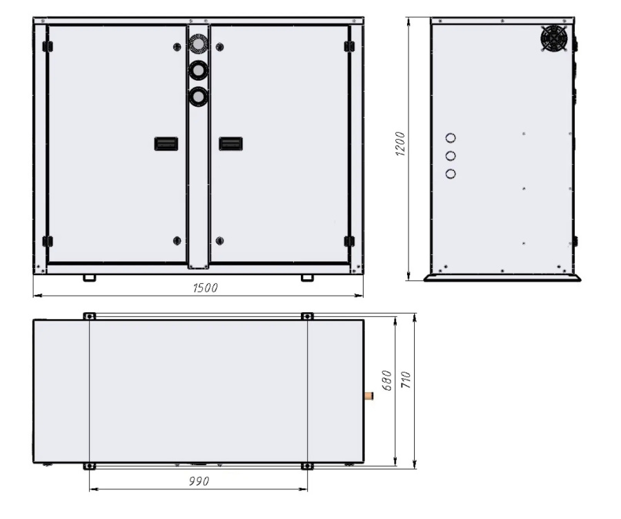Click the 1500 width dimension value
(x=204, y=288)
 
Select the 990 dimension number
(x=199, y=480)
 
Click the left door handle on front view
(x=166, y=143)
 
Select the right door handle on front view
(x=230, y=143)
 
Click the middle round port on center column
(x=198, y=70)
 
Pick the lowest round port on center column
(x=198, y=97)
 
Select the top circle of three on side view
(x=451, y=139)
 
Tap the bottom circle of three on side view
(x=451, y=174)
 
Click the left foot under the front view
(x=89, y=278)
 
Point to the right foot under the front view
(x=307, y=278)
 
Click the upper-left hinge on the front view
(x=48, y=46)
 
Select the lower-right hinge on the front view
(x=348, y=241)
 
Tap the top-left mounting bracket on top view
(x=89, y=316)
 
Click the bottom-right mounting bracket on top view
(x=307, y=467)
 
